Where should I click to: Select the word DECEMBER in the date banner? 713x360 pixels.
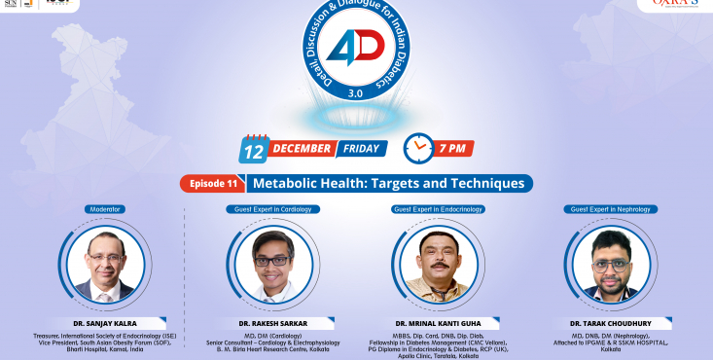click(302, 150)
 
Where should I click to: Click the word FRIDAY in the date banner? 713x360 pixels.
click(362, 150)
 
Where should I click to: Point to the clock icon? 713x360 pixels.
click(418, 149)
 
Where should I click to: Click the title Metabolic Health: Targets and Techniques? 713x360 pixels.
click(388, 183)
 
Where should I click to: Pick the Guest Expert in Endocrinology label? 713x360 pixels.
click(438, 209)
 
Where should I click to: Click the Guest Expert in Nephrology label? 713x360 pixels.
click(611, 209)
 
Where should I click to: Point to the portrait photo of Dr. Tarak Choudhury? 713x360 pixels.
click(611, 262)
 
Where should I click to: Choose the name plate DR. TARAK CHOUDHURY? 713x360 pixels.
click(610, 322)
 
